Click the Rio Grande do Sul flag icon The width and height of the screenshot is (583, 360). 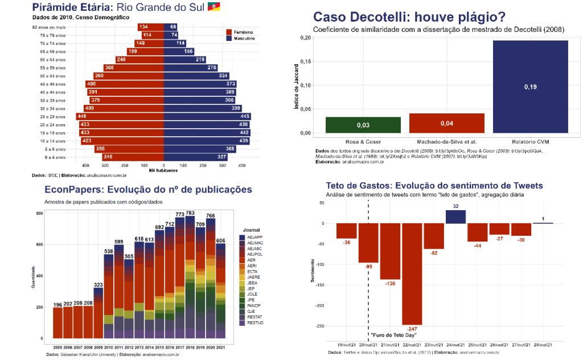(214, 7)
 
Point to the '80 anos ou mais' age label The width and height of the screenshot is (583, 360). (48, 27)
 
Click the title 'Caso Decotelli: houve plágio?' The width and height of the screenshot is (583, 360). (409, 17)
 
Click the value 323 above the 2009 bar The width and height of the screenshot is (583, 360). (98, 284)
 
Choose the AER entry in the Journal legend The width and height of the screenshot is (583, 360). (252, 259)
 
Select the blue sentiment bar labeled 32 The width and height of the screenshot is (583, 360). (455, 216)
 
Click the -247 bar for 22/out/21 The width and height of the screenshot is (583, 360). (412, 273)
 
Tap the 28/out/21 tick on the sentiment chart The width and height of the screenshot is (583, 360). (544, 345)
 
